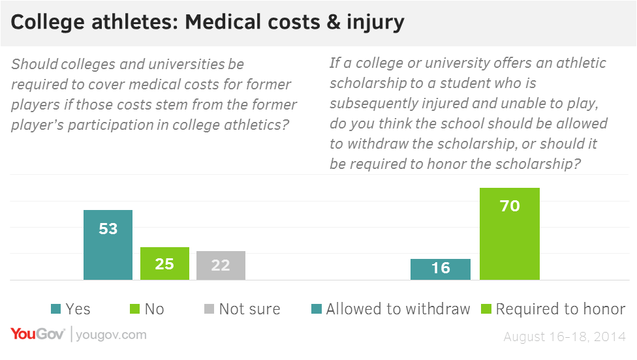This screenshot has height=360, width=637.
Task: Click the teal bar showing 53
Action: tap(108, 245)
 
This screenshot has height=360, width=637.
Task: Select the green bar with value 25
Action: tap(164, 263)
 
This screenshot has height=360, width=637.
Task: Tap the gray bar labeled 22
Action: tap(221, 265)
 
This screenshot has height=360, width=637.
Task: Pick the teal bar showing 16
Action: tap(441, 269)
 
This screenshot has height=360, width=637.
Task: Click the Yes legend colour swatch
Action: tap(56, 308)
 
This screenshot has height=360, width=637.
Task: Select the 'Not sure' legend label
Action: tap(249, 308)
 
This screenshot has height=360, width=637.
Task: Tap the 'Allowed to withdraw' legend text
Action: tap(398, 308)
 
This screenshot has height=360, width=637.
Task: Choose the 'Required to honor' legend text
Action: tap(561, 308)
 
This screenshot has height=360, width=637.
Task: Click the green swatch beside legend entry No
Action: tap(134, 308)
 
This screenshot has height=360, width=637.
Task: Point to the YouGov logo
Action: tap(37, 335)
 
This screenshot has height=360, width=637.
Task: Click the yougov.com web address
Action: tap(111, 335)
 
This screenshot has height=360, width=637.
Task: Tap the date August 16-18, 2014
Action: tap(565, 337)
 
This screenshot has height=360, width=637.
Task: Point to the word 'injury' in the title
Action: tap(377, 23)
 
